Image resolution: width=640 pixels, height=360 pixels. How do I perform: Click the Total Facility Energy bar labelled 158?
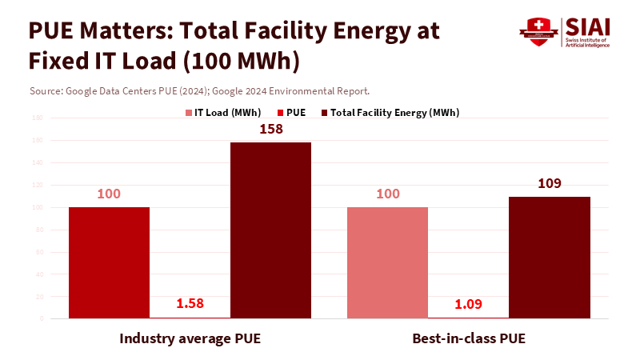[270, 230]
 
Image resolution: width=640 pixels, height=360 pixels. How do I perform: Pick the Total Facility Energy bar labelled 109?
[549, 257]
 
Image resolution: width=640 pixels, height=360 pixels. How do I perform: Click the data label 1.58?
[190, 303]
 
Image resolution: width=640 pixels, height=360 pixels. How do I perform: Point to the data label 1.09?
[468, 303]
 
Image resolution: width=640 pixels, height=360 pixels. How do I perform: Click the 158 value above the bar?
[271, 129]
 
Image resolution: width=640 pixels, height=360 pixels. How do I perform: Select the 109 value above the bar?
[549, 183]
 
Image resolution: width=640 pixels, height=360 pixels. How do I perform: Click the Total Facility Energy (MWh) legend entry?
[389, 113]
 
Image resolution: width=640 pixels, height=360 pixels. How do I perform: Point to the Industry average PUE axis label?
[190, 338]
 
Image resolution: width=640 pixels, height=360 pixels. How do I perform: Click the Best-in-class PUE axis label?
[469, 338]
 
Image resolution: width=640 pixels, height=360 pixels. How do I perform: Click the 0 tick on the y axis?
[40, 318]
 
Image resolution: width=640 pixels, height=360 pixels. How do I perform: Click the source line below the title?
[199, 90]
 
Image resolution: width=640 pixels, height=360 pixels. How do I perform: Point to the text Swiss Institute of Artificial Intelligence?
[586, 42]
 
